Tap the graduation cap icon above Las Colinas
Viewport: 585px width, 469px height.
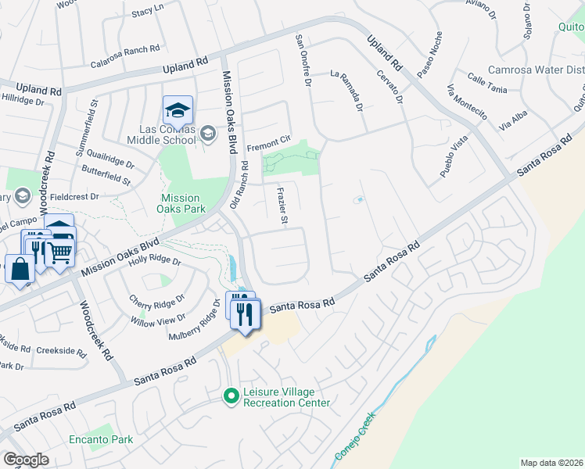(178, 109)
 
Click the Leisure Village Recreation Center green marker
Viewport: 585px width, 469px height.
(230, 397)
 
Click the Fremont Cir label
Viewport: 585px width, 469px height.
(268, 147)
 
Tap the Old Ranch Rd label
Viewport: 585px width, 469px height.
(239, 185)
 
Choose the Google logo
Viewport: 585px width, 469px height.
(27, 460)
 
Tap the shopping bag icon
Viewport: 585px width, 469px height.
(20, 269)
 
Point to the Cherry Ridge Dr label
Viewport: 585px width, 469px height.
(157, 299)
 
